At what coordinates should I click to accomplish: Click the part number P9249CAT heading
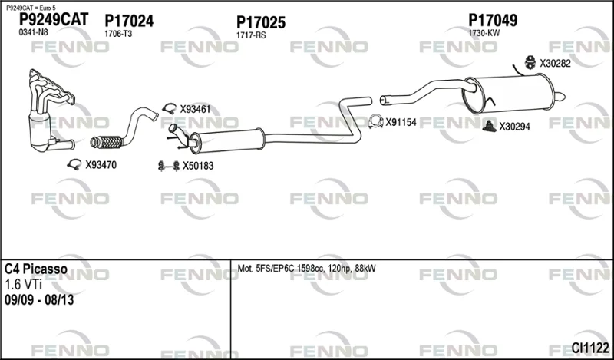[x=54, y=19]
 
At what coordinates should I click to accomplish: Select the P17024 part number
[x=129, y=21]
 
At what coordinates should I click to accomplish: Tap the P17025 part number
[x=261, y=22]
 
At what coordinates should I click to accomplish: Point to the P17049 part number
[x=493, y=21]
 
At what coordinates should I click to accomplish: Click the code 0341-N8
[x=33, y=32]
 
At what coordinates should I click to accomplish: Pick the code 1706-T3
[x=118, y=34]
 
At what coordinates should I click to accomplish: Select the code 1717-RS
[x=251, y=35]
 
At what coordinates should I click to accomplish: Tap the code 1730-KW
[x=484, y=33]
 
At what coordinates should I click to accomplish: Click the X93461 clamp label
[x=195, y=109]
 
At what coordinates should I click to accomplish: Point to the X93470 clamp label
[x=101, y=165]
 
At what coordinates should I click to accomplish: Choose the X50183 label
[x=198, y=166]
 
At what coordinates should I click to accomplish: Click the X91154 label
[x=401, y=123]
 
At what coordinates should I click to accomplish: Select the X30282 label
[x=555, y=64]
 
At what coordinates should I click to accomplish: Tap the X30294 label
[x=514, y=127]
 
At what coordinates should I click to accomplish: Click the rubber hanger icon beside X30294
[x=489, y=126]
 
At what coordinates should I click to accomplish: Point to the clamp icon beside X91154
[x=376, y=122]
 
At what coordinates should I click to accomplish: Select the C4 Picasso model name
[x=36, y=269]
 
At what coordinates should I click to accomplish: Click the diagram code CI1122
[x=590, y=347]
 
